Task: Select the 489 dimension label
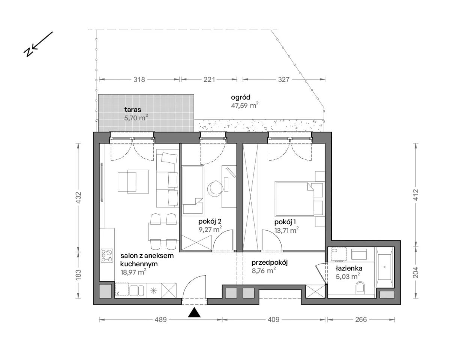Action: (161, 319)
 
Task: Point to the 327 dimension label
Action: (283, 79)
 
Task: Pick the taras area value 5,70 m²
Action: (136, 118)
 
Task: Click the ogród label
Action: (241, 97)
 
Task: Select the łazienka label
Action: (349, 268)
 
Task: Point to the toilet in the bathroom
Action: (360, 287)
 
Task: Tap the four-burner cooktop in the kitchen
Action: (107, 256)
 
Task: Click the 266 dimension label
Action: (361, 319)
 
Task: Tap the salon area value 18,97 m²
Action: (133, 272)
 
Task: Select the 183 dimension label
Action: (78, 275)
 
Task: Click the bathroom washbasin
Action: (359, 254)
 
